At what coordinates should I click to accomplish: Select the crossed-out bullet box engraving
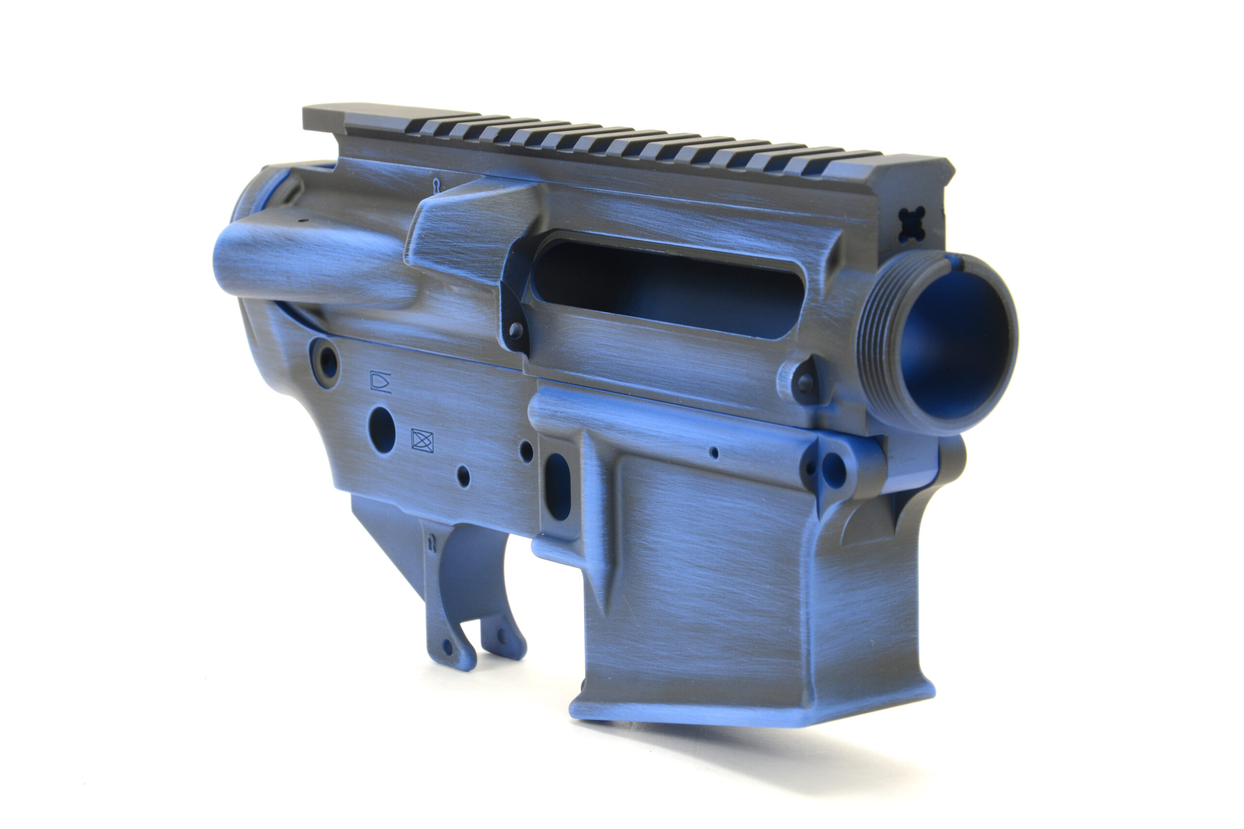422,441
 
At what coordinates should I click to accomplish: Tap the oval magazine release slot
557,487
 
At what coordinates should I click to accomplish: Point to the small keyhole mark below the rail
436,185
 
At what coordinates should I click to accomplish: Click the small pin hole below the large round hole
463,476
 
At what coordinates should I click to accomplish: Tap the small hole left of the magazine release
526,451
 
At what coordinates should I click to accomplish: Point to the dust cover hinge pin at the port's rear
516,331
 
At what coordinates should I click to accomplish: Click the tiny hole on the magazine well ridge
714,453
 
